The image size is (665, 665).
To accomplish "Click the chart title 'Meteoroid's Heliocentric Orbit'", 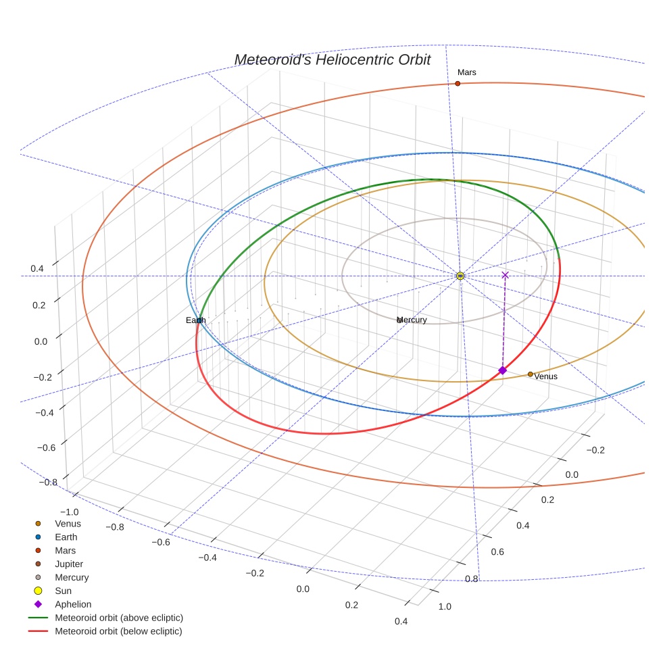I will click(x=332, y=60).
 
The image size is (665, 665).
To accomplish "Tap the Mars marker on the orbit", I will click(x=458, y=83).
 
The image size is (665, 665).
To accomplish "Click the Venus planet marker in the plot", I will click(x=531, y=374).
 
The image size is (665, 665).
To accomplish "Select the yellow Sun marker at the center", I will click(x=460, y=276).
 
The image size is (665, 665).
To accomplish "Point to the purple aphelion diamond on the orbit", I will click(x=502, y=370).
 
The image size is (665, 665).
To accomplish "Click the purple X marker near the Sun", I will click(x=505, y=275).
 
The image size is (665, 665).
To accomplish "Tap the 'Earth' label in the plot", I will click(x=195, y=320).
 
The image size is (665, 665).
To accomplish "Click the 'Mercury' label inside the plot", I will click(x=412, y=320).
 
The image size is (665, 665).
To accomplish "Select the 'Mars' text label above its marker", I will click(x=466, y=72).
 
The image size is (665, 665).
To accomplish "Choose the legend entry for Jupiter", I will click(x=68, y=564).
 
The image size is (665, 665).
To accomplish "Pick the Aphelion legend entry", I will click(x=72, y=604).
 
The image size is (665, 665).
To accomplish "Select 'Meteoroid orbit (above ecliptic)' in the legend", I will click(x=119, y=618).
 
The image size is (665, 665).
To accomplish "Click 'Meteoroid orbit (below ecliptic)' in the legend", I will click(x=118, y=631).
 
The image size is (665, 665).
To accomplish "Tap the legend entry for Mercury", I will click(x=71, y=577).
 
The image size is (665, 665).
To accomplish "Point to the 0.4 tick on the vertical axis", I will click(x=36, y=268).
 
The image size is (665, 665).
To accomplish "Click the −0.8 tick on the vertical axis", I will click(x=47, y=483).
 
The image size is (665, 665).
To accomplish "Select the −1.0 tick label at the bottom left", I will click(x=70, y=512).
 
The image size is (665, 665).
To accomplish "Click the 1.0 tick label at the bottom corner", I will click(x=445, y=606).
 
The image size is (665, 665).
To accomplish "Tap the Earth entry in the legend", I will click(x=66, y=537).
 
